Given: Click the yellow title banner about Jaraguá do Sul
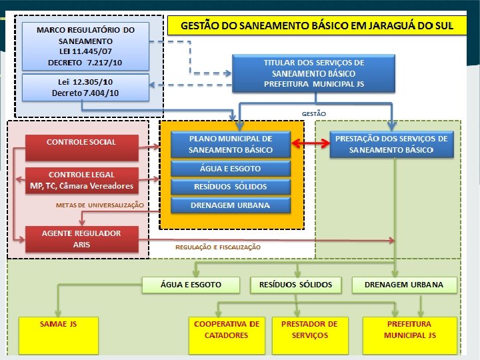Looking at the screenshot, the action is (x=317, y=25).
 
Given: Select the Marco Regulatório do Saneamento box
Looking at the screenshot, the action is (x=86, y=46).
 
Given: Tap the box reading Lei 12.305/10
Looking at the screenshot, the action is (x=86, y=87).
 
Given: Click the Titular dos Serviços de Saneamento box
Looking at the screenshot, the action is (x=314, y=73).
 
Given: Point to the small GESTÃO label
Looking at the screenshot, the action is (x=314, y=114).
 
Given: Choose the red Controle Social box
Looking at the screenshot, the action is (x=82, y=148).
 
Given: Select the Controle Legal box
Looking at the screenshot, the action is (x=82, y=180).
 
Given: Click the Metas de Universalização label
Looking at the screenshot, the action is (x=100, y=205).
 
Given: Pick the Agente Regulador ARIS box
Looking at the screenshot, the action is (x=82, y=239).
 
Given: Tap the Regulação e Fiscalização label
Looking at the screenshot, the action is (x=218, y=247).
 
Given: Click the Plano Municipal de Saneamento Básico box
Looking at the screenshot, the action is (x=231, y=144).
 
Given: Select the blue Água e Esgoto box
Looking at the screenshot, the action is (x=231, y=169).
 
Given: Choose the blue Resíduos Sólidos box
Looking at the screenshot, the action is (x=231, y=187).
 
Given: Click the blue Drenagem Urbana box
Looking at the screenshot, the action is (x=231, y=205).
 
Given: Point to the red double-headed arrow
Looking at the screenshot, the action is (x=310, y=143).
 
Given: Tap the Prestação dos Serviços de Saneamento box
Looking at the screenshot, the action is (x=392, y=144).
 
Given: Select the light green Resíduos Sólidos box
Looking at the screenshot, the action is (x=296, y=285).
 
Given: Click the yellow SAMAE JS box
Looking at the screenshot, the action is (x=59, y=335).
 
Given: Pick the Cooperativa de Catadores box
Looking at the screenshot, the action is (x=227, y=335).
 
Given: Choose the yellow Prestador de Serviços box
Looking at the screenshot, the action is (x=310, y=335).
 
